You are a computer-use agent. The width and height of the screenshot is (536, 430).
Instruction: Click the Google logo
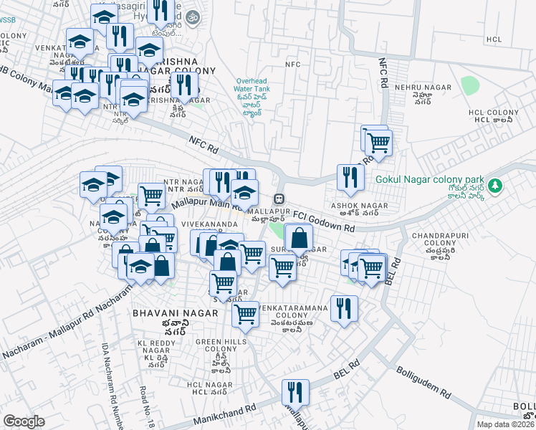[24, 421]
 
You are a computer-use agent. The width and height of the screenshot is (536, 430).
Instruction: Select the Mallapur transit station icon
[280, 199]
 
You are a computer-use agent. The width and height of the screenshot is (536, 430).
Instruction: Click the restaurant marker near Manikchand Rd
[295, 392]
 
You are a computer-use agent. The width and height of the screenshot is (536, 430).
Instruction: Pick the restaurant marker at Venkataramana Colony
[344, 308]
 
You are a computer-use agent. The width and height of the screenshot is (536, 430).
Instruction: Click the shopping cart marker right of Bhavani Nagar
[246, 314]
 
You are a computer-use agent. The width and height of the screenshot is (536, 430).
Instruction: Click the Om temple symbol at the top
[192, 16]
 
